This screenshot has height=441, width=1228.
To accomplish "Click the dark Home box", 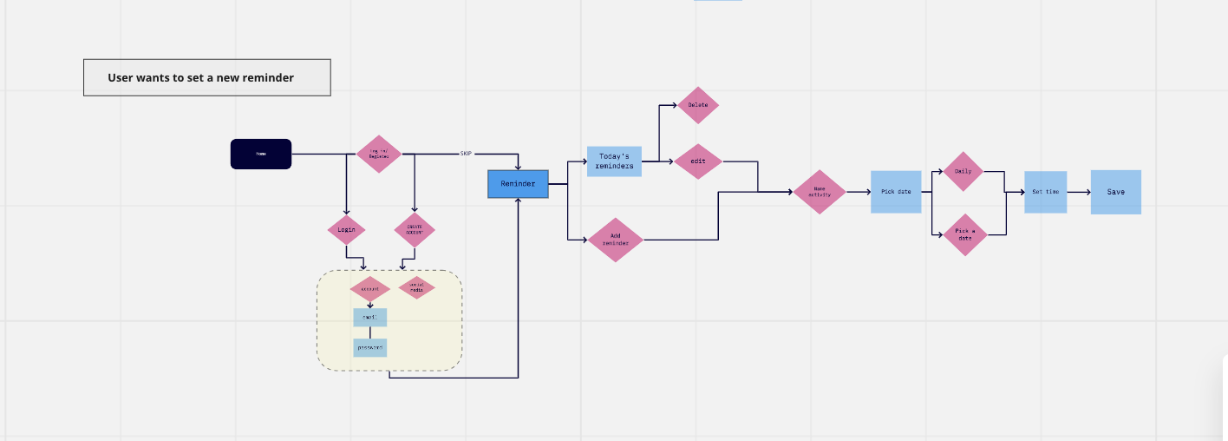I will (x=261, y=154).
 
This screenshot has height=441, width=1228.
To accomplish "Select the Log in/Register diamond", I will (x=379, y=154).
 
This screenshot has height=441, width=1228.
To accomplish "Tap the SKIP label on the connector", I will (x=466, y=154).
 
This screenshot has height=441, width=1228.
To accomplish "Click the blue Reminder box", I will (x=519, y=184).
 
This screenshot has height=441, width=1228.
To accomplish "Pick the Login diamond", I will (x=346, y=230).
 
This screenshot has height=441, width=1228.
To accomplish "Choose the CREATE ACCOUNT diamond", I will (x=414, y=230).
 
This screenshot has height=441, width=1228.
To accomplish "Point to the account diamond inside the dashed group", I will (x=370, y=288).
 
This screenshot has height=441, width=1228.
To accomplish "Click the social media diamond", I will (x=416, y=288).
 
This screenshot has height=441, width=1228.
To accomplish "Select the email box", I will (x=369, y=318).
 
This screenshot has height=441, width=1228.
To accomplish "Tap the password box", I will (x=369, y=347).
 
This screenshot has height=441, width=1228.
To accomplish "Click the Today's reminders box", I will (x=614, y=161).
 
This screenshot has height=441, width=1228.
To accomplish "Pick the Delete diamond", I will (x=698, y=105).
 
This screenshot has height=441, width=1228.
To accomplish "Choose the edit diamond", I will (x=698, y=161).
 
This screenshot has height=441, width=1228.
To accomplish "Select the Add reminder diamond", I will (x=616, y=240).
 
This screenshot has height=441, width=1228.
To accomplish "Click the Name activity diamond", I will (x=820, y=191).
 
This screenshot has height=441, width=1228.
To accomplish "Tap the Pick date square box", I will (x=896, y=191).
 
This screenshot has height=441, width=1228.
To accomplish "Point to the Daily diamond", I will (x=963, y=171).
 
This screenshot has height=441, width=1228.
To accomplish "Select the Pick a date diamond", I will (x=965, y=234).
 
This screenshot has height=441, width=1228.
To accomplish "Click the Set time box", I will (x=1045, y=192).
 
